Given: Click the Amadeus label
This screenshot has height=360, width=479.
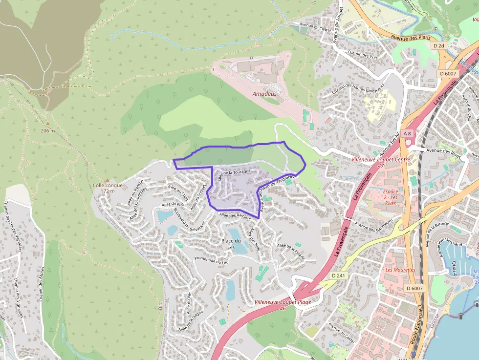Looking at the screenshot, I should (264, 94).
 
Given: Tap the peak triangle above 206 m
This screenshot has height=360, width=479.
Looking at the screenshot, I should (48, 124).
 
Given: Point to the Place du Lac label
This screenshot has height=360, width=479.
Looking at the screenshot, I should (231, 243).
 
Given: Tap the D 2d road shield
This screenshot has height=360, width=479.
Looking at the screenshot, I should (438, 45).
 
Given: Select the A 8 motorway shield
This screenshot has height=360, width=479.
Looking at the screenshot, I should (408, 133).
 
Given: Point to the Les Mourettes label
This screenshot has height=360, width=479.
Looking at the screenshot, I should (400, 270).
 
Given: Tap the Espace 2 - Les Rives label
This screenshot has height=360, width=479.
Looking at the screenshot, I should (391, 197).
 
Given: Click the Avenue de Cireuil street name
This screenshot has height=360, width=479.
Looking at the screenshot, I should (315, 28).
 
